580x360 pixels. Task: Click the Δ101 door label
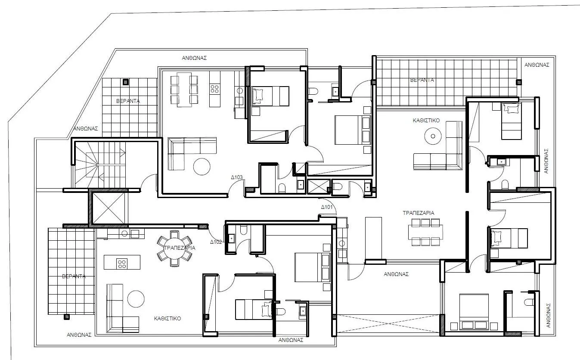pos(327,207)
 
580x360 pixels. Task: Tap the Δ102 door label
pos(216,242)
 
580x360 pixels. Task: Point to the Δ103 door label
pos(237,177)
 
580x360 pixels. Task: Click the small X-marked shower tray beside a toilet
pos(318,187)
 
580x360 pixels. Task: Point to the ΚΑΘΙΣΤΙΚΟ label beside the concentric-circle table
pos(426,121)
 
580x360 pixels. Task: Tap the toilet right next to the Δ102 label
pos(243,231)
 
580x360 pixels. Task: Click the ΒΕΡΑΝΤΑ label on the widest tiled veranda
pos(422,80)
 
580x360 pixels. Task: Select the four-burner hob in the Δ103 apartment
pos(214,89)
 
